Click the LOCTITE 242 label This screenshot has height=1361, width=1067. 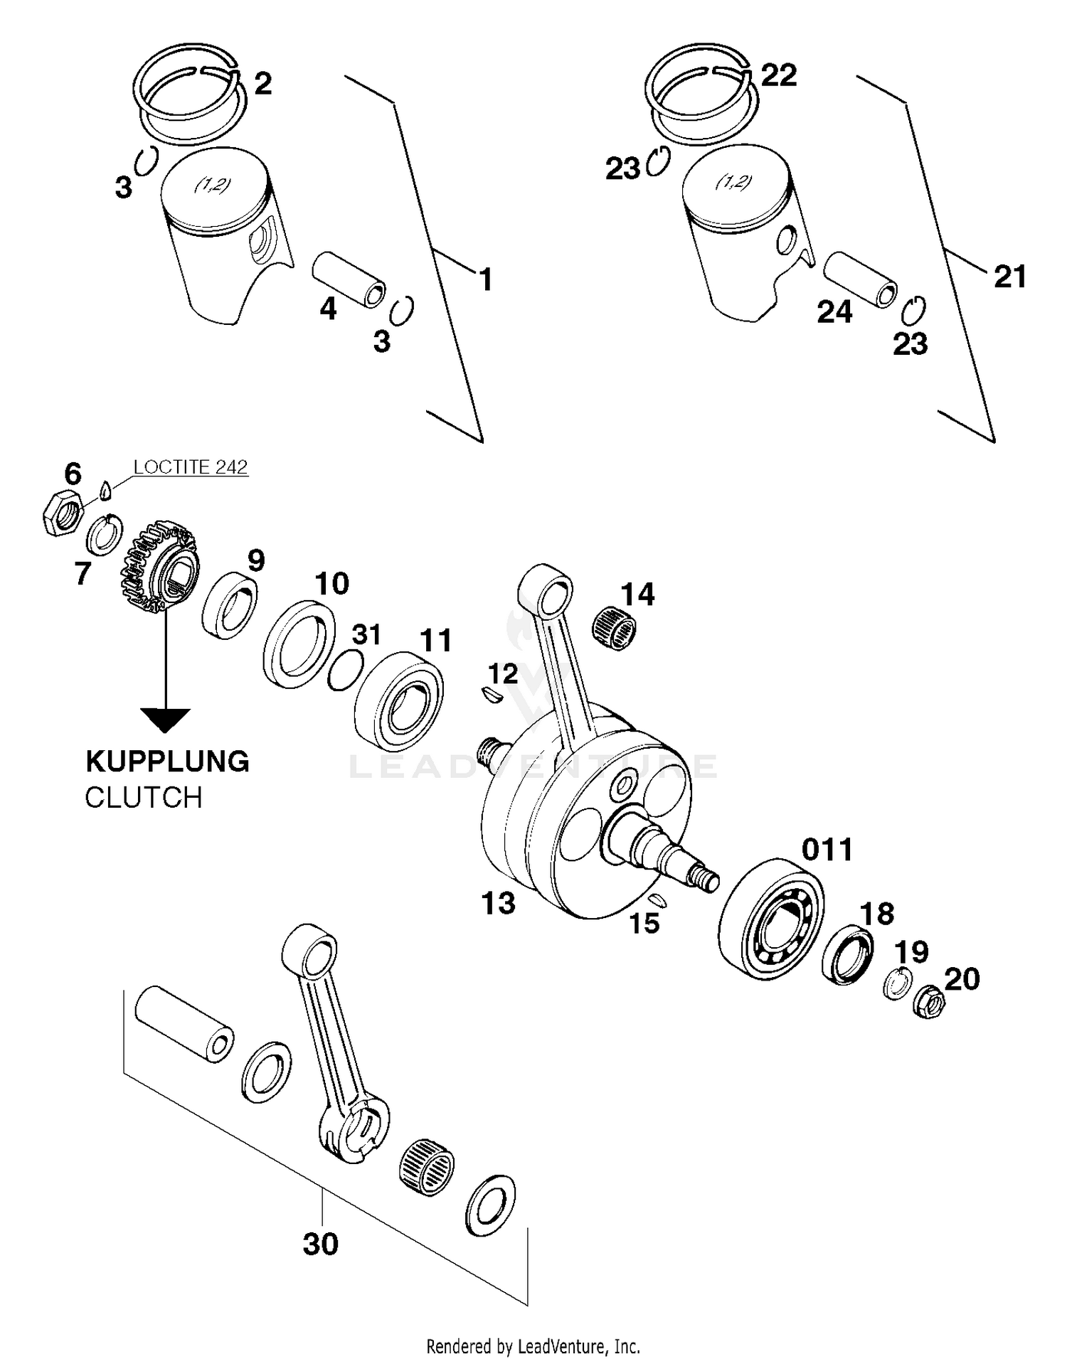click(191, 467)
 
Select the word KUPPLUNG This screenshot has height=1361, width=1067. click(167, 762)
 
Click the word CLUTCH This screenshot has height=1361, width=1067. click(144, 798)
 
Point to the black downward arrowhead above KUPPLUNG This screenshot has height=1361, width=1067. click(165, 720)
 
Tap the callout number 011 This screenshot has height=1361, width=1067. click(827, 850)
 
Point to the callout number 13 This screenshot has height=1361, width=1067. click(498, 904)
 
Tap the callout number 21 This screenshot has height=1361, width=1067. click(1010, 277)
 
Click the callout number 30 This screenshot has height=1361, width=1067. click(320, 1244)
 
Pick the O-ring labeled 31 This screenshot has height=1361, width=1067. click(346, 671)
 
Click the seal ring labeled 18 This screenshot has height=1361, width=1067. click(847, 954)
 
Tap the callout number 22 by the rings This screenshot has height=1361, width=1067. click(779, 75)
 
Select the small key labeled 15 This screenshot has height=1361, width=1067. click(659, 902)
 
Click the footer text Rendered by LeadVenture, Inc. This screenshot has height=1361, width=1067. click(533, 1346)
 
